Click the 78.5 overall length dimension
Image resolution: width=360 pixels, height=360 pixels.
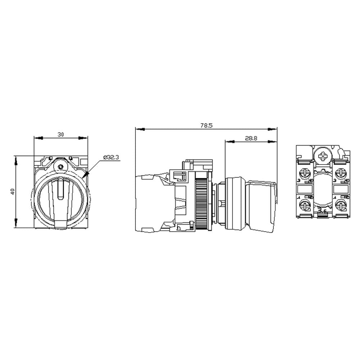[207, 126]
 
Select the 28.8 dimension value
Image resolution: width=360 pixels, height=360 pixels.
[251, 138]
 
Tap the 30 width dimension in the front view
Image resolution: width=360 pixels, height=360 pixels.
[61, 134]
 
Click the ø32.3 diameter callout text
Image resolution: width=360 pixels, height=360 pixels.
[111, 157]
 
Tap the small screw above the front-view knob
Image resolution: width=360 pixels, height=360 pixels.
[61, 167]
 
